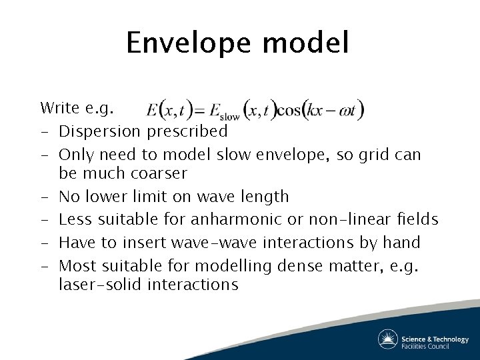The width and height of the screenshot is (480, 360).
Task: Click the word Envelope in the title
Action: tap(189, 44)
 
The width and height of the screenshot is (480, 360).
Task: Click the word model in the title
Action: tap(305, 44)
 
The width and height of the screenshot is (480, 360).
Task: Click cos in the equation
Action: tap(289, 111)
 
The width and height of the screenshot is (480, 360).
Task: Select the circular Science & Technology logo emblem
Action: tap(388, 339)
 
